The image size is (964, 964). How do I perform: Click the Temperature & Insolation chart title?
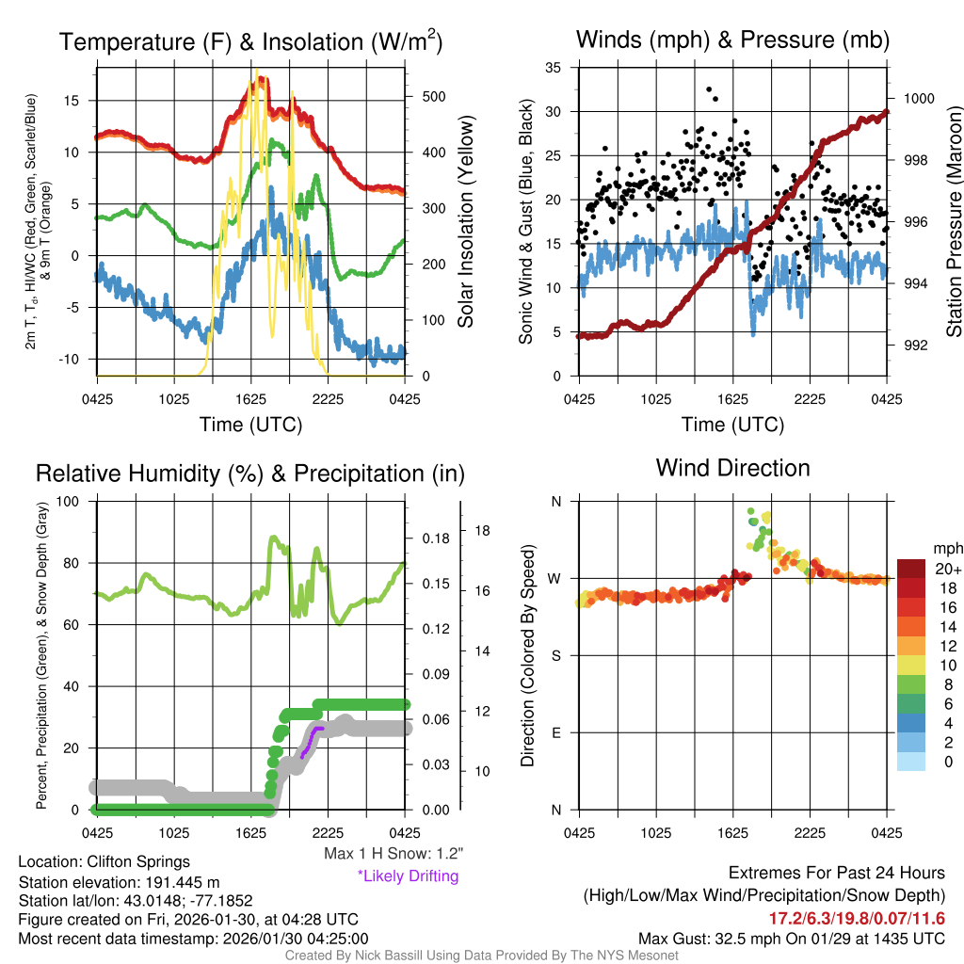tap(250, 41)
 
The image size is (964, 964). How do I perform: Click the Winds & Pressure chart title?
tap(732, 40)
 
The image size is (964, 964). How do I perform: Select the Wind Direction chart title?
tap(732, 468)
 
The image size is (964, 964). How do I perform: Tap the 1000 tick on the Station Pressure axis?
tap(917, 98)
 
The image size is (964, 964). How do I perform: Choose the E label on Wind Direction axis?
tap(555, 731)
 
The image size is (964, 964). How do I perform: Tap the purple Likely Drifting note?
tap(408, 876)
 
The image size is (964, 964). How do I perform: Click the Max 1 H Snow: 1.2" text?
tap(393, 854)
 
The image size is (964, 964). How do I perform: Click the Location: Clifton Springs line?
tap(104, 861)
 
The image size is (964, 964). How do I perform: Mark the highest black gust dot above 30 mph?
tap(709, 89)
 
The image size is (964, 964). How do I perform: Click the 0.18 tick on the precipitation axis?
tap(429, 538)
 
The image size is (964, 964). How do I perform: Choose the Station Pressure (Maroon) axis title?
tap(953, 226)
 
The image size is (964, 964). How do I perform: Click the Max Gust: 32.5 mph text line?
tap(791, 938)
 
